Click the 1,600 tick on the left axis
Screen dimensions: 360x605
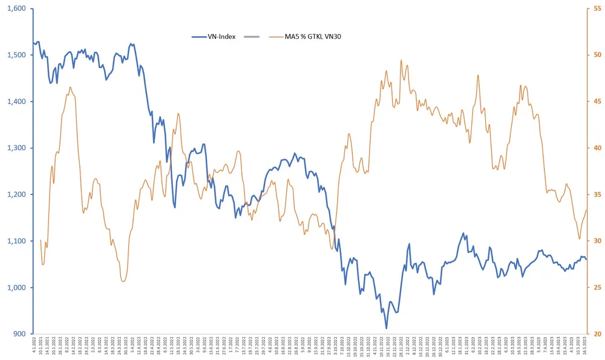pyautogui.click(x=16, y=8)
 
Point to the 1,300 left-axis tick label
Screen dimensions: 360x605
pyautogui.click(x=16, y=148)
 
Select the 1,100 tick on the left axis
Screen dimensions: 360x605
pyautogui.click(x=16, y=241)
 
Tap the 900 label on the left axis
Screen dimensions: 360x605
pyautogui.click(x=20, y=334)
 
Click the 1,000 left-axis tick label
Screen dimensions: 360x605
pyautogui.click(x=16, y=287)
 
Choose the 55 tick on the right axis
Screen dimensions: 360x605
pyautogui.click(x=598, y=8)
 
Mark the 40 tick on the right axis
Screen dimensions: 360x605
pyautogui.click(x=598, y=148)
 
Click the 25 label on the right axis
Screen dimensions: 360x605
pyautogui.click(x=598, y=287)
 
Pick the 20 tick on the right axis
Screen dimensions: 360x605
pyautogui.click(x=598, y=334)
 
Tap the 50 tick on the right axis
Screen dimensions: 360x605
pyautogui.click(x=598, y=55)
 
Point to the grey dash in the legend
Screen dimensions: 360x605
pyautogui.click(x=251, y=36)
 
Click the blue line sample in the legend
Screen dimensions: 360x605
pyautogui.click(x=200, y=36)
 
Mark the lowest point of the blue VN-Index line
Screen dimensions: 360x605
pyautogui.click(x=386, y=329)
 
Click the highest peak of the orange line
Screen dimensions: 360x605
pyautogui.click(x=401, y=60)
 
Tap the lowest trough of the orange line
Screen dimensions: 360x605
pyautogui.click(x=123, y=281)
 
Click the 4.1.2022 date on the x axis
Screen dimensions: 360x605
pyautogui.click(x=34, y=349)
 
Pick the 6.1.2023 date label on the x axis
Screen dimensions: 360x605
pyautogui.click(x=446, y=348)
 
